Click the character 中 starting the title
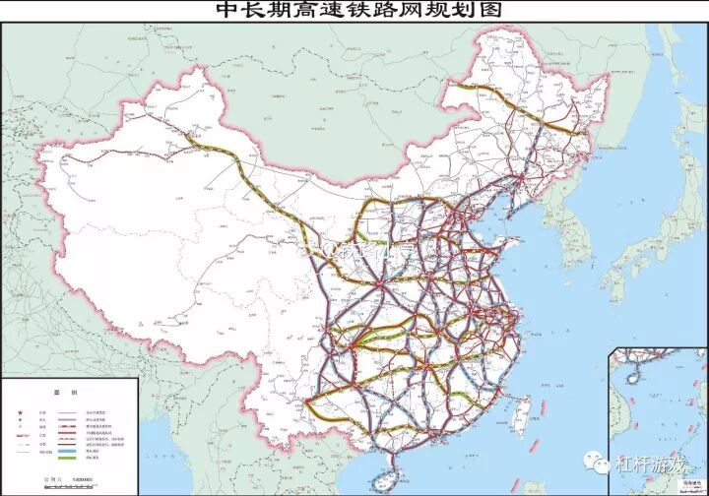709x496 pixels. click(x=228, y=10)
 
